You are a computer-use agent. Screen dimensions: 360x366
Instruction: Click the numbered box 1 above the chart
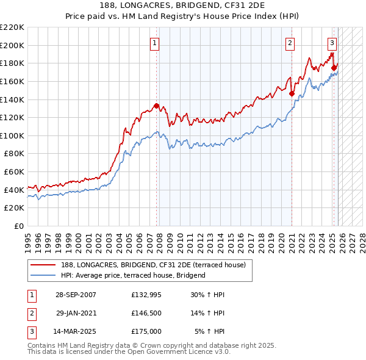[155, 43]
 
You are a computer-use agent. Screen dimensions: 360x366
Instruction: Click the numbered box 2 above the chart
[289, 43]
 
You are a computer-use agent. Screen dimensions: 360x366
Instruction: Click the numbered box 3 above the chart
[332, 43]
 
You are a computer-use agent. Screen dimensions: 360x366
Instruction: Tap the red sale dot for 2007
[157, 106]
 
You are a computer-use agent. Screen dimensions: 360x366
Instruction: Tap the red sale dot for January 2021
[292, 93]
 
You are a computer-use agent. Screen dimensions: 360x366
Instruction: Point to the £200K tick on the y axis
[12, 45]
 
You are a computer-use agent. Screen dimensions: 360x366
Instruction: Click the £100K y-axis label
[12, 135]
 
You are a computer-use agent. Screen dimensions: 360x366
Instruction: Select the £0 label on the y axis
[19, 226]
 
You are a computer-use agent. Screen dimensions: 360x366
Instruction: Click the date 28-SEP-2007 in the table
[76, 295]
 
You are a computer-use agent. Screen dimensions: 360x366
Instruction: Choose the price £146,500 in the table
[146, 313]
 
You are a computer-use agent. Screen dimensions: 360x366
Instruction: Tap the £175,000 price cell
[146, 331]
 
